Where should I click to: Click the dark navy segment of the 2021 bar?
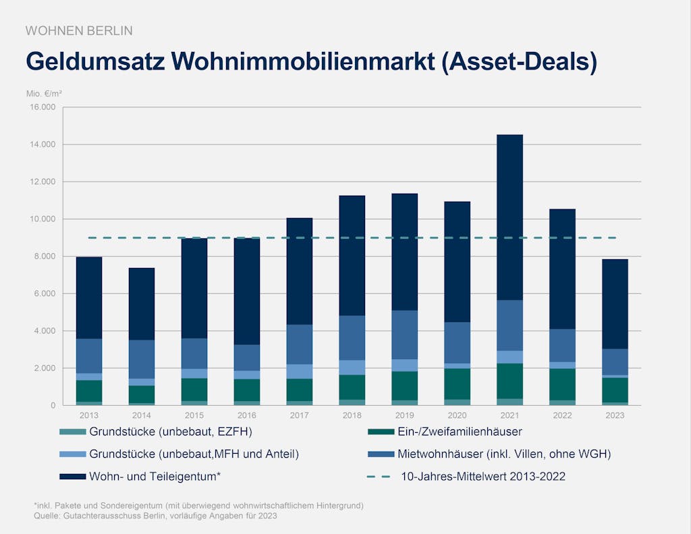point(510,216)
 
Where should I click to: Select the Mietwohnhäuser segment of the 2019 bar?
point(405,335)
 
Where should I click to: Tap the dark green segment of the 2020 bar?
point(458,383)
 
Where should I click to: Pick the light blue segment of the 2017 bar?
point(300,371)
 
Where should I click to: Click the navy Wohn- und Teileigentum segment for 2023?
point(615,304)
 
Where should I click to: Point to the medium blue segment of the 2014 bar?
point(142,359)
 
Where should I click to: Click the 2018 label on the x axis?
point(352,415)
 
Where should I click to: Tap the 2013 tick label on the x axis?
point(89,415)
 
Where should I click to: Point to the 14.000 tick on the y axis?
point(43,144)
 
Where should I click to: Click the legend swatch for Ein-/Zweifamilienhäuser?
point(379,432)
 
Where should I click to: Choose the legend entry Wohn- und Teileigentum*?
point(155,477)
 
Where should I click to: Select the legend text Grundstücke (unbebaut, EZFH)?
point(171,432)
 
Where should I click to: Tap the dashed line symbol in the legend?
point(379,477)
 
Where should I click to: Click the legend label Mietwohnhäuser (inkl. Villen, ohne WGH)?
point(504,454)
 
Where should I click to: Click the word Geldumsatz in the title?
point(94,61)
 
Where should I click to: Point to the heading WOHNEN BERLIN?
point(79,30)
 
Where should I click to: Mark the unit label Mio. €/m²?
point(44,93)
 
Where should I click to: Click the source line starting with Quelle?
point(155,516)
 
